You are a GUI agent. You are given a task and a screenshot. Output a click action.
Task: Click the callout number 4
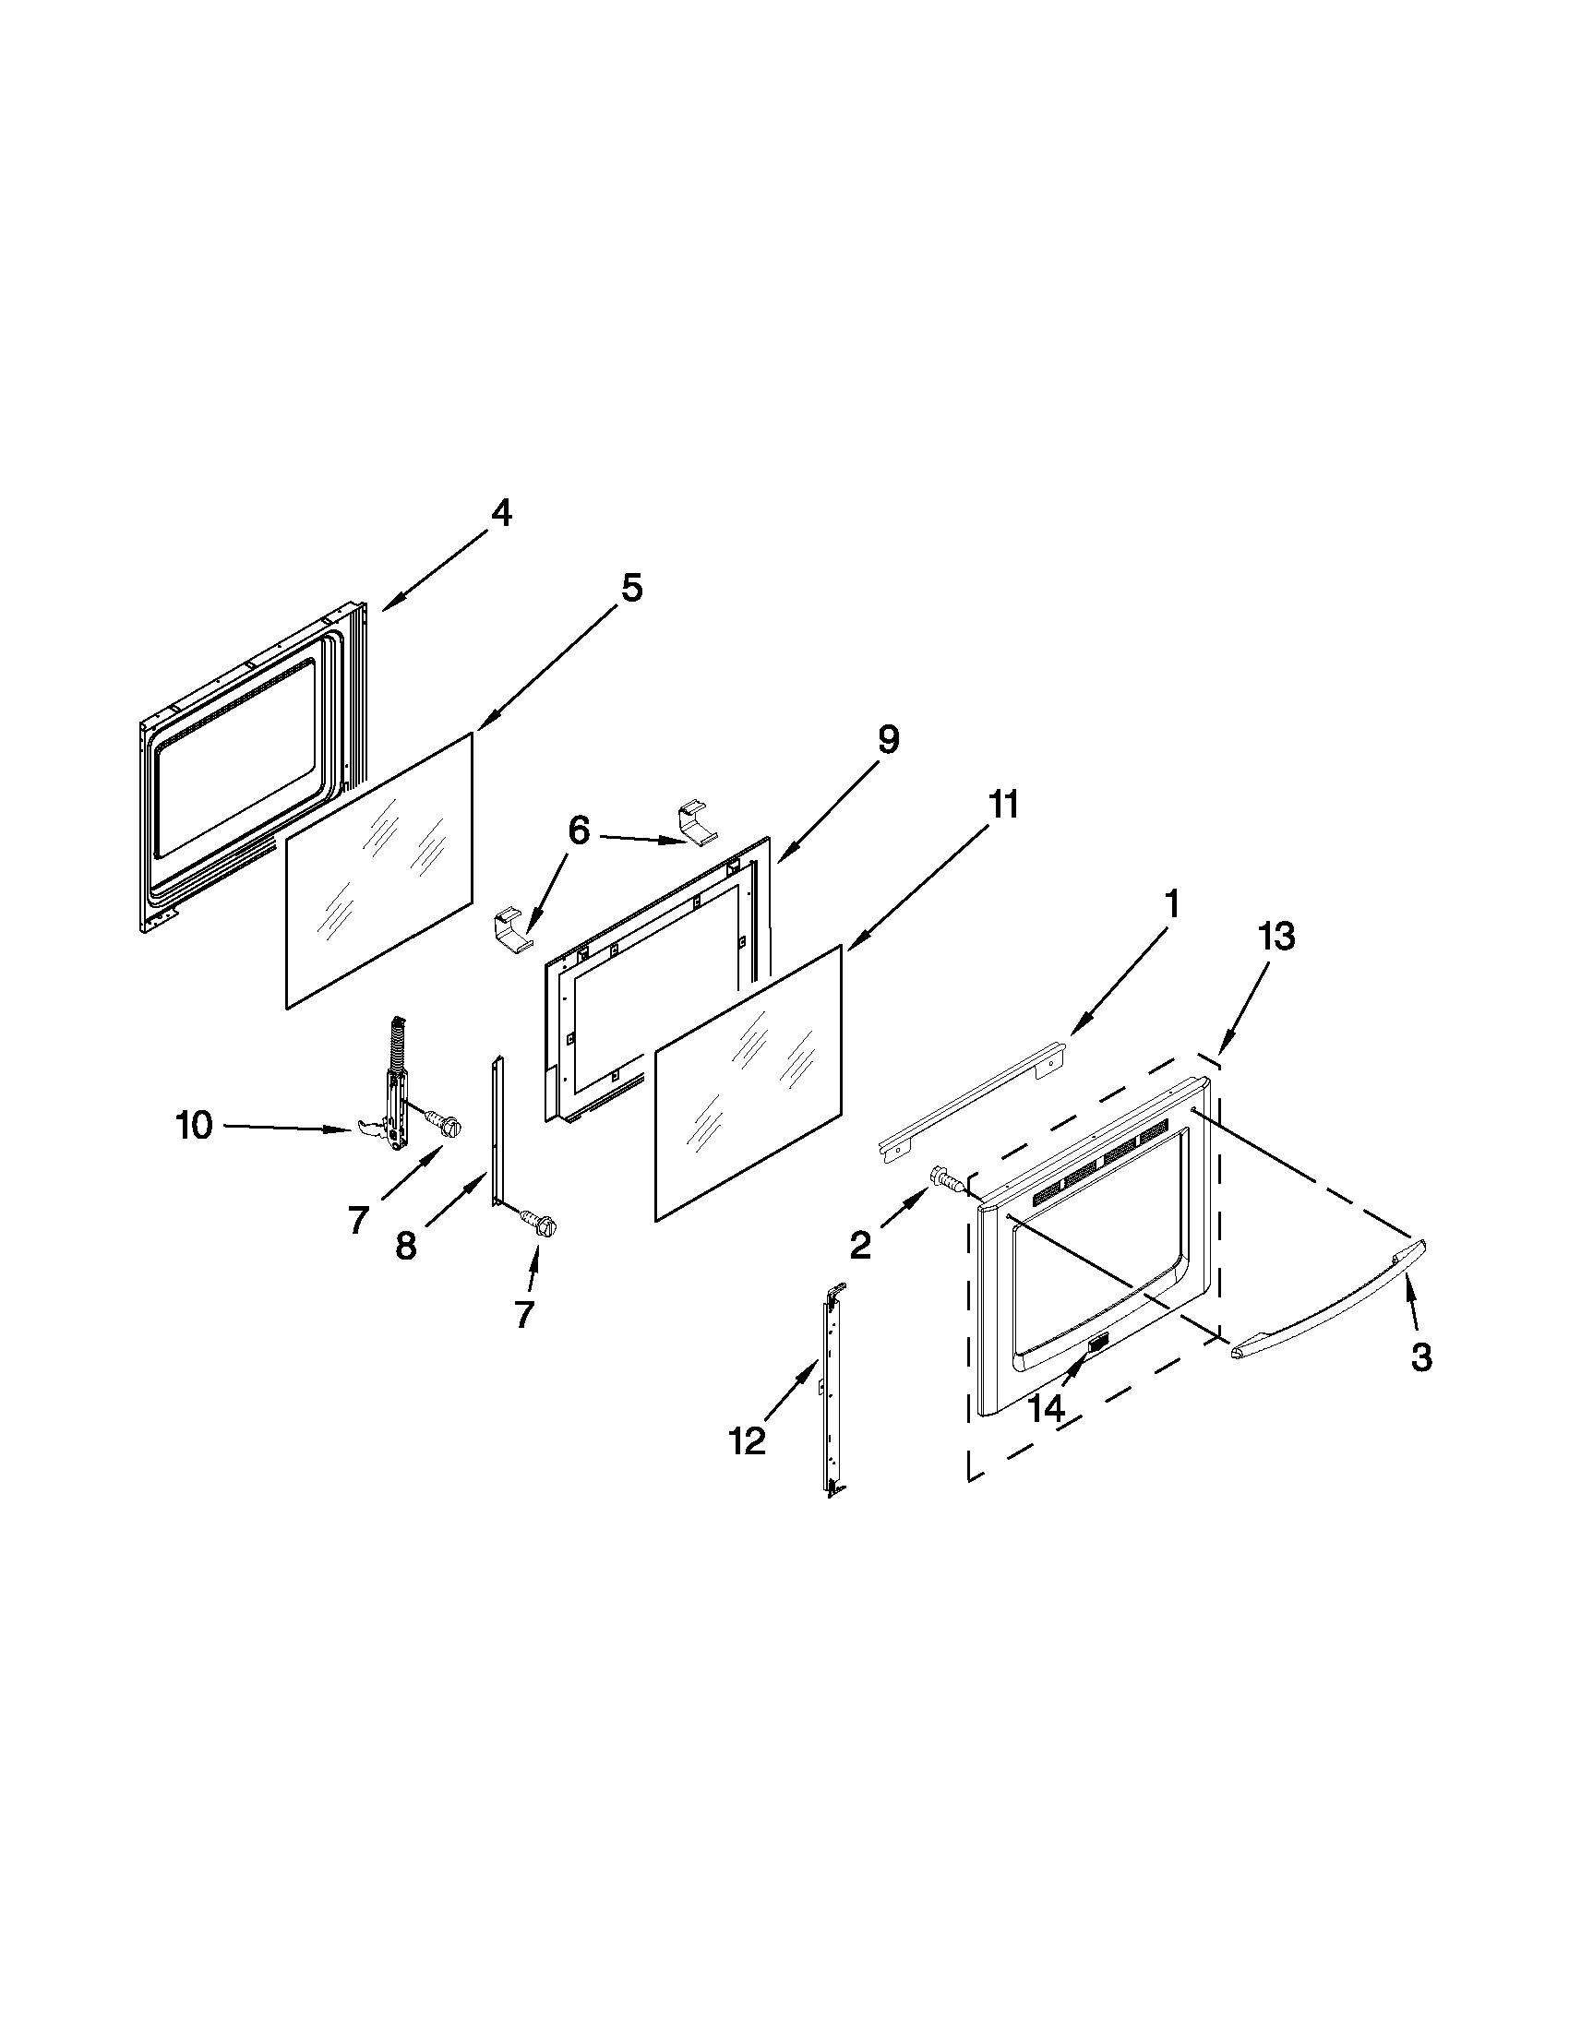tap(500, 513)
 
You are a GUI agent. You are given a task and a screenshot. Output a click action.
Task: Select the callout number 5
tap(631, 588)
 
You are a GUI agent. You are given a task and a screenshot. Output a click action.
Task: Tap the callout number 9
tap(887, 740)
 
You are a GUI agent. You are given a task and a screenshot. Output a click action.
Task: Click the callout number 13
tap(1277, 938)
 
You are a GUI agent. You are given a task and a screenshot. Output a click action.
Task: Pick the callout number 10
tap(195, 1126)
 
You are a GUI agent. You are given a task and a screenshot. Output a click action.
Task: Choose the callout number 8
tap(405, 1246)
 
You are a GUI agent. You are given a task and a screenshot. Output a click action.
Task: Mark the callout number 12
tap(748, 1440)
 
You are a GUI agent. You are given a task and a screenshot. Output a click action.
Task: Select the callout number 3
tap(1420, 1358)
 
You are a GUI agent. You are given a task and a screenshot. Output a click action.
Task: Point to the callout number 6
tap(579, 830)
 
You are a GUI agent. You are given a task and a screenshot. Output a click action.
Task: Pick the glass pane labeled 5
tap(378, 870)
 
